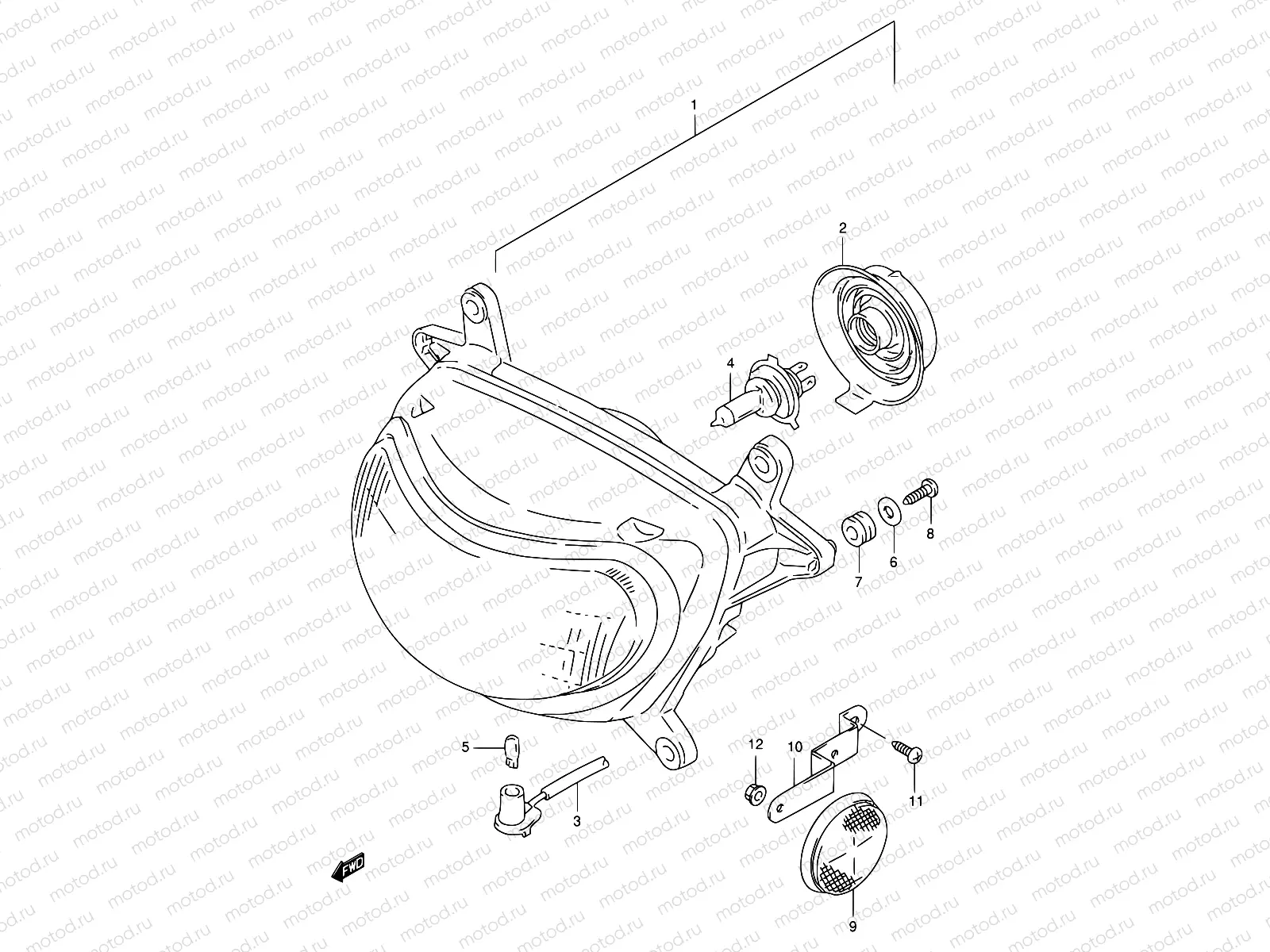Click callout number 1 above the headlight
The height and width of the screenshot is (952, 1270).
(x=694, y=105)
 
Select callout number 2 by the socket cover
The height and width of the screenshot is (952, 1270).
(x=843, y=228)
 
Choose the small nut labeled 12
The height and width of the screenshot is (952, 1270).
(x=756, y=791)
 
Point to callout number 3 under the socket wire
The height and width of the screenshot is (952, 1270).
(x=577, y=822)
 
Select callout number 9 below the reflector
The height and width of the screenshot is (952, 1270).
(x=852, y=925)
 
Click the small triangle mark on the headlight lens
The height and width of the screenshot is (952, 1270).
(x=423, y=405)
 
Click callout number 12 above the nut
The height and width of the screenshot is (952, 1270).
(x=756, y=743)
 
